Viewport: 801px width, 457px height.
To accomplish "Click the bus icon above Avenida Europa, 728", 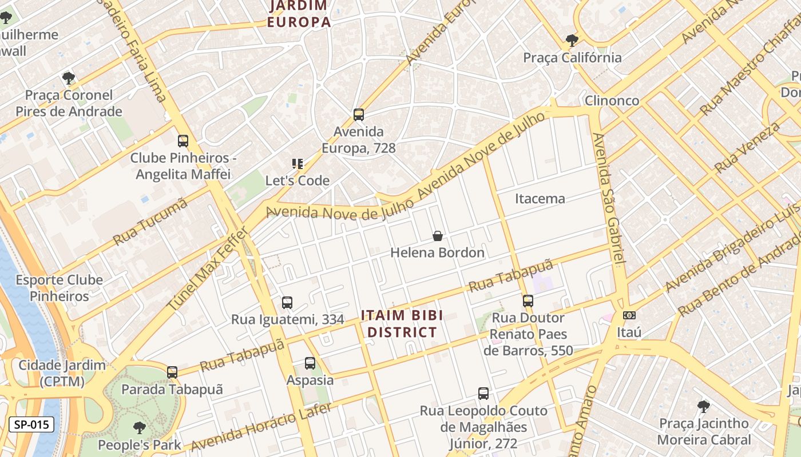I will coord(359,115).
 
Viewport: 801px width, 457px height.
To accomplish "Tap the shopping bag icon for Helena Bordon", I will coord(438,236).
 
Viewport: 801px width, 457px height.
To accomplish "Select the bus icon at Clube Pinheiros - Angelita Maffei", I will coord(183,141).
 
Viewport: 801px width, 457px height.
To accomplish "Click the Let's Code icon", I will coord(298,165).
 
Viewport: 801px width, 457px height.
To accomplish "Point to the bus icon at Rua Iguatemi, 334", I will coord(287,303).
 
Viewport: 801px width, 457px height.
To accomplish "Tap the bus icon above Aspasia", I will coord(310,363).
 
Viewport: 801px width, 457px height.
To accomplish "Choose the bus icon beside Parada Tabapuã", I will coord(172,372).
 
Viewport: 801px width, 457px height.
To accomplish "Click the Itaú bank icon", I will coord(629,315).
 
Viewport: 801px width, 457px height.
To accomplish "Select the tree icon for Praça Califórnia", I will coord(572,40).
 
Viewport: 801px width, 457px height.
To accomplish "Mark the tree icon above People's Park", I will coord(139,428).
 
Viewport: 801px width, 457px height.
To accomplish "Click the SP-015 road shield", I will coord(31,424).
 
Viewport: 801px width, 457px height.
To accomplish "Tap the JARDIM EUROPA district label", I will coord(299,14).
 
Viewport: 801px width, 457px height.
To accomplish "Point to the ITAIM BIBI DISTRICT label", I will coord(402,324).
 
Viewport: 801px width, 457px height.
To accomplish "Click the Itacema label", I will coord(540,199).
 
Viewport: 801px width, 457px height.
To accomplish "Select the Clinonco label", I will coord(612,101).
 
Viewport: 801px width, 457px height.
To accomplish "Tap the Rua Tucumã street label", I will coord(150,222).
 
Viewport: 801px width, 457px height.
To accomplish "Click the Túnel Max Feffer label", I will coord(208,269).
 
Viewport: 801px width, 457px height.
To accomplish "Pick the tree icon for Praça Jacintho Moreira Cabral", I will coord(704,407).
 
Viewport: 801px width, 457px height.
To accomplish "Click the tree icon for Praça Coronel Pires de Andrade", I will coord(69,78).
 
